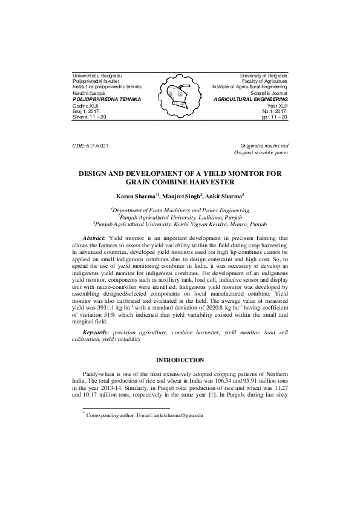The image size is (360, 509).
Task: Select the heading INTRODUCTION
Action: [180, 360]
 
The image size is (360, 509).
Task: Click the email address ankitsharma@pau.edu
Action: [178, 417]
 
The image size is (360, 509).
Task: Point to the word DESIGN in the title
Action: [99, 173]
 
